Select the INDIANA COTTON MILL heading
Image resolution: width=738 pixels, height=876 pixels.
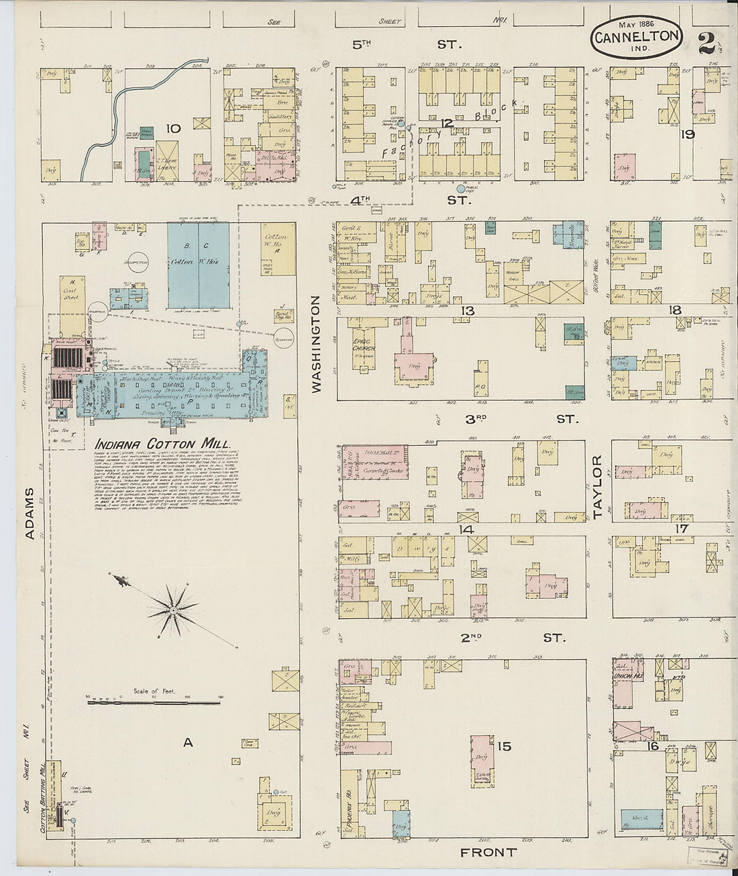click(x=163, y=444)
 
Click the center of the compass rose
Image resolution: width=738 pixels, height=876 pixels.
click(x=173, y=610)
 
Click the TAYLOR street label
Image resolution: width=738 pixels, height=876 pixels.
click(x=598, y=488)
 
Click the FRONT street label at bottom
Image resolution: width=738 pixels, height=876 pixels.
click(x=488, y=853)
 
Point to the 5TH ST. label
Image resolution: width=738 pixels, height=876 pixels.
click(x=407, y=45)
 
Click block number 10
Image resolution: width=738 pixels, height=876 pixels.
click(x=173, y=128)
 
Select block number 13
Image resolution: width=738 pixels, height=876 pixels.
click(x=468, y=310)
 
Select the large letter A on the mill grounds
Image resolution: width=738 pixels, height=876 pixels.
click(x=189, y=742)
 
